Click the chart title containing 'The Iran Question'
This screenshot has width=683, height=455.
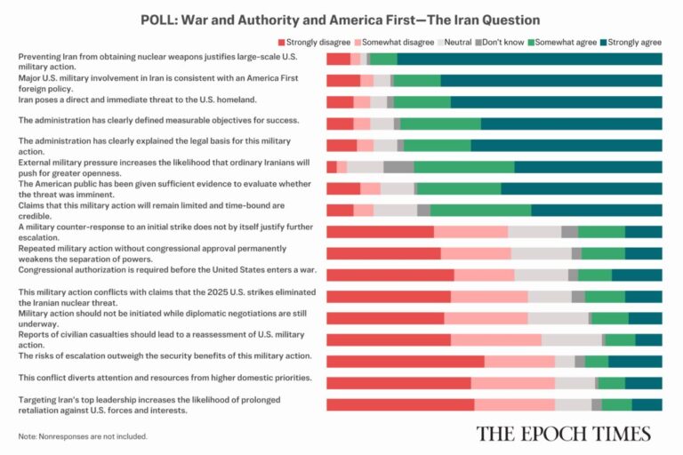(341, 19)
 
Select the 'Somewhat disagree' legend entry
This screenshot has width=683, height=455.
(392, 42)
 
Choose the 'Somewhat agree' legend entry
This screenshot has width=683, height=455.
(562, 42)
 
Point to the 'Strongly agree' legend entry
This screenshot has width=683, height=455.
(632, 42)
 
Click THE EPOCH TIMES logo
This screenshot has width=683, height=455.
(563, 434)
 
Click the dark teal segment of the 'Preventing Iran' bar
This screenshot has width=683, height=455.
(529, 59)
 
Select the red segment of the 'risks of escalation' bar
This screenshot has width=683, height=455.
(406, 361)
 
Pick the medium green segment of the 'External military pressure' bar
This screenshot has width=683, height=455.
(463, 166)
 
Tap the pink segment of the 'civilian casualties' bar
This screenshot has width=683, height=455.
(496, 339)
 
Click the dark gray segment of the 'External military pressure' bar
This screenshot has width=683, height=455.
(398, 166)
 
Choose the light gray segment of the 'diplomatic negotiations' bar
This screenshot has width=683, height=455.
(558, 318)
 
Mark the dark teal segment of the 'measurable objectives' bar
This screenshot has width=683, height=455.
(571, 124)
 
